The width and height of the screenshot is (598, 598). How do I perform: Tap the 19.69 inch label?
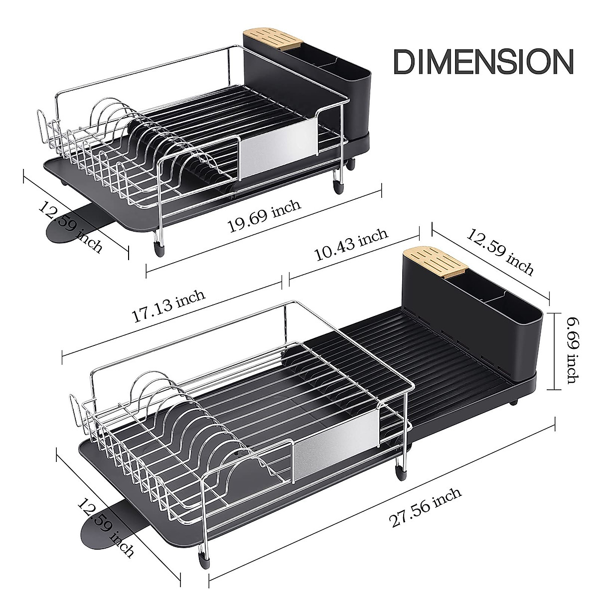(x=264, y=216)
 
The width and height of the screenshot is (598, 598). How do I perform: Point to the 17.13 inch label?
(x=168, y=306)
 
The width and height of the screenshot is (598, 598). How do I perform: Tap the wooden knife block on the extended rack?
(x=435, y=260)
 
